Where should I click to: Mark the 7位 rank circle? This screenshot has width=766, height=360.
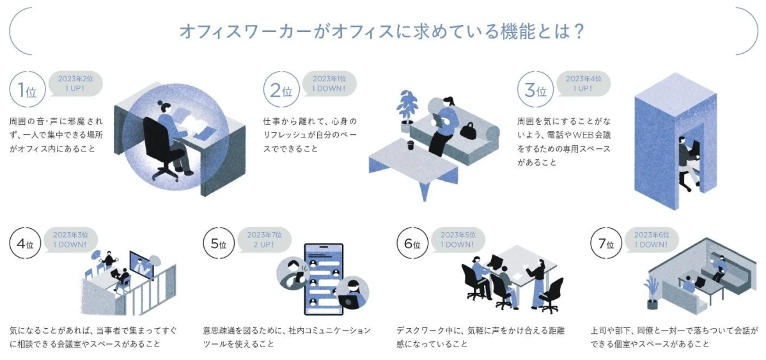pyautogui.click(x=606, y=244)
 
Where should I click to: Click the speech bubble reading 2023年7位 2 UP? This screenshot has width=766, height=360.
pyautogui.click(x=264, y=239)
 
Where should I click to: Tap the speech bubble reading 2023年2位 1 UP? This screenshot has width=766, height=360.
pyautogui.click(x=75, y=84)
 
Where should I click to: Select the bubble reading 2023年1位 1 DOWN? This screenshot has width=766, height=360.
pyautogui.click(x=329, y=84)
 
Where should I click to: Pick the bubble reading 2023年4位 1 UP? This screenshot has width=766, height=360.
pyautogui.click(x=583, y=84)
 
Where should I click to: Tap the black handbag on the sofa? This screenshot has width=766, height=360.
pyautogui.click(x=469, y=130)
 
